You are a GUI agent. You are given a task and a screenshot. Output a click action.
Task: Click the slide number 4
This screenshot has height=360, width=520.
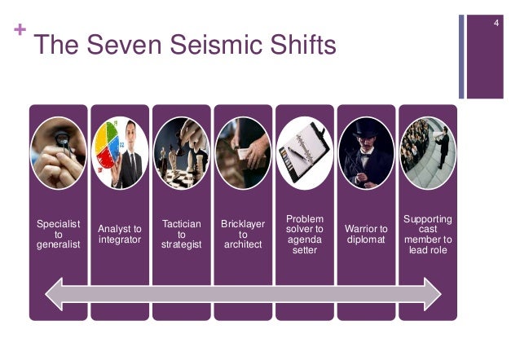pyautogui.click(x=495, y=17)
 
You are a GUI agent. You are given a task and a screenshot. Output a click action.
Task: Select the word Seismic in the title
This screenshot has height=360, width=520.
pyautogui.click(x=184, y=46)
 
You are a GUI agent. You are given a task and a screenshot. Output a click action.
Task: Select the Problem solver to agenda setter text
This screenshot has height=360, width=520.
pyautogui.click(x=305, y=235)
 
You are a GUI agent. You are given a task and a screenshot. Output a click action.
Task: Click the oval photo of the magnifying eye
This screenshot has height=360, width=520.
pyautogui.click(x=59, y=154)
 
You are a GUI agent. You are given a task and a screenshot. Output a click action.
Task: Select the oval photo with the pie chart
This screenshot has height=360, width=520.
pyautogui.click(x=120, y=154)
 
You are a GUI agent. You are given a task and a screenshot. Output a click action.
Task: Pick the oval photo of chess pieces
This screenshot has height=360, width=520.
pyautogui.click(x=181, y=154)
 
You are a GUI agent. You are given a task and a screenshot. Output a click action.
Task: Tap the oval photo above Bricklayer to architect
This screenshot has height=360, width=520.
pyautogui.click(x=243, y=154)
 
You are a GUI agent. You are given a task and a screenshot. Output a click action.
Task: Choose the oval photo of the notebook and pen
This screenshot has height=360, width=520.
pyautogui.click(x=305, y=154)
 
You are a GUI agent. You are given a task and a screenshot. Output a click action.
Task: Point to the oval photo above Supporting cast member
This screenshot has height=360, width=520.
pyautogui.click(x=428, y=154)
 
